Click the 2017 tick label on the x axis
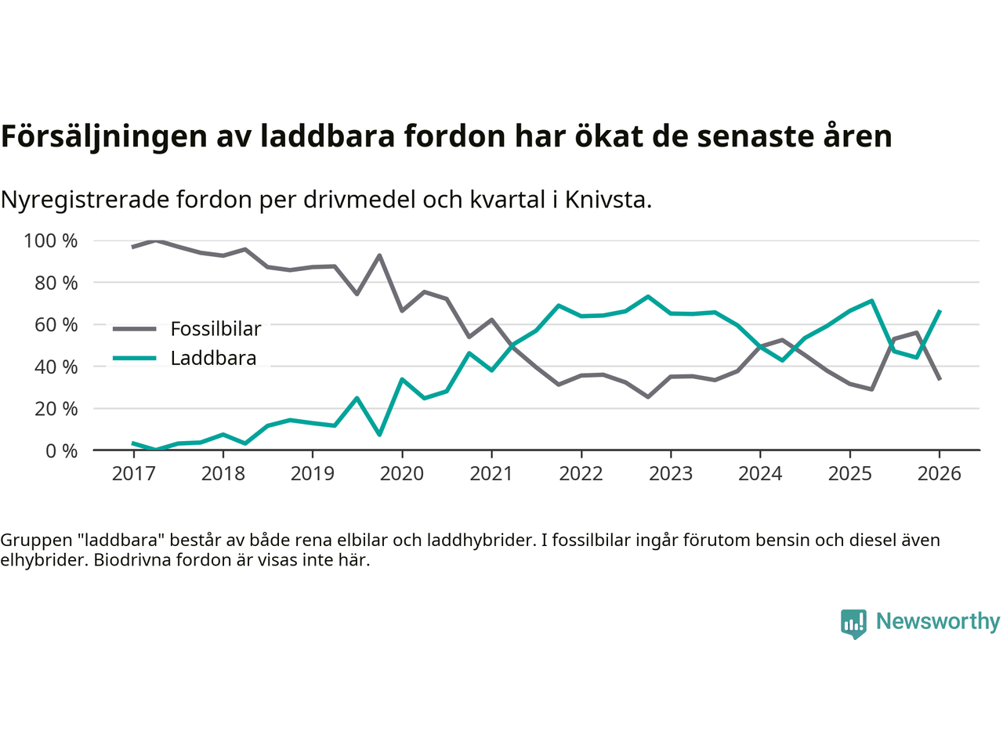133,474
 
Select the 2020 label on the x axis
402,474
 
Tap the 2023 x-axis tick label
671,474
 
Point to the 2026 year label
939,474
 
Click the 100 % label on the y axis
51,240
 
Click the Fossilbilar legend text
215,329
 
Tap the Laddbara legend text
213,359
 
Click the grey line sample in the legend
134,329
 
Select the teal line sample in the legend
134,359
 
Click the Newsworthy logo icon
853,624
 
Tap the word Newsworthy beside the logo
937,621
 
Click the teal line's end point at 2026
940,311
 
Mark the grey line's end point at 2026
940,379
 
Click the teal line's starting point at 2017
133,443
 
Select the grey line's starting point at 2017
133,247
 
